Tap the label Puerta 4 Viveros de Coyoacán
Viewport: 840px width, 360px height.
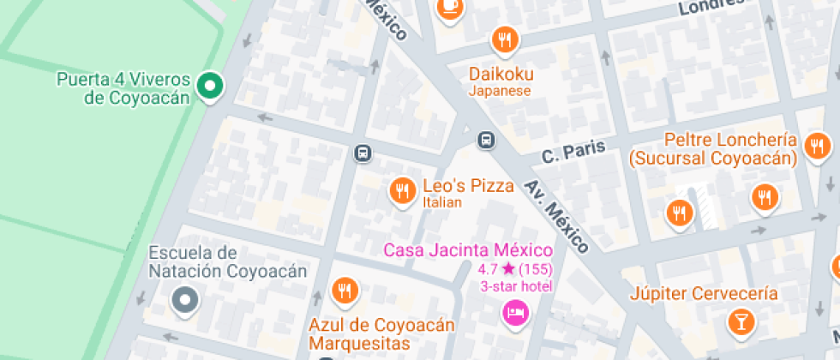tap(124, 88)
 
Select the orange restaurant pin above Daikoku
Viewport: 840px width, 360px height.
tap(505, 39)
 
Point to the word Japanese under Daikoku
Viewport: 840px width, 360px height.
tap(500, 91)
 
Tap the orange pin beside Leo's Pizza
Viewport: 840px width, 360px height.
tap(401, 191)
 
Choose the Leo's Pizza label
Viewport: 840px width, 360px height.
tap(468, 186)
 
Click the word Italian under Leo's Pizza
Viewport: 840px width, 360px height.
tap(442, 203)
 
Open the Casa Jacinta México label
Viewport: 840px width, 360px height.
tap(468, 250)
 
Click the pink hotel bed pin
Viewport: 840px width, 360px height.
tap(515, 312)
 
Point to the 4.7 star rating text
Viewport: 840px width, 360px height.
tap(515, 269)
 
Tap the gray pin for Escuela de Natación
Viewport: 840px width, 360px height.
tap(185, 300)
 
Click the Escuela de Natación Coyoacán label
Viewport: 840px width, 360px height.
tap(227, 262)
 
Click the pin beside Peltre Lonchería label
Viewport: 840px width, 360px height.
tap(817, 145)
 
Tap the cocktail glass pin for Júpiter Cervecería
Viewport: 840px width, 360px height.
tap(738, 321)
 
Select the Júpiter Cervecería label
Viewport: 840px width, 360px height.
tap(704, 294)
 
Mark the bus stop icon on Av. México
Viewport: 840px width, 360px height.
tap(486, 139)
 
